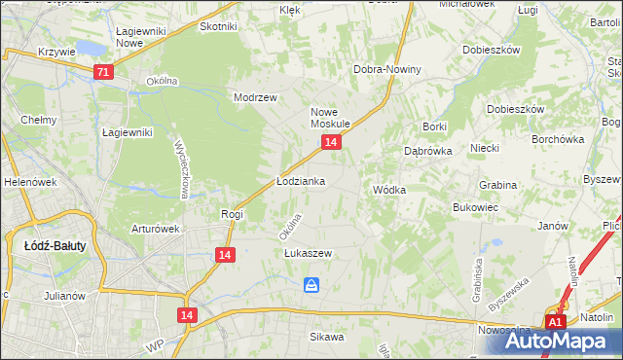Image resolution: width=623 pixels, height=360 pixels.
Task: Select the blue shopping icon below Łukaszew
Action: click(311, 284)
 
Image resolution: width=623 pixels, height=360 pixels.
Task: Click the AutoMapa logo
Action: click(564, 341)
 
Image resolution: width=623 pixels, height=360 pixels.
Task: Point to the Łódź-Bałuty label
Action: click(55, 246)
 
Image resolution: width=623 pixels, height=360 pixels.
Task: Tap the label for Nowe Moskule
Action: click(330, 118)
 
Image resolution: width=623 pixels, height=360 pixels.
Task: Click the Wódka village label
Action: click(389, 190)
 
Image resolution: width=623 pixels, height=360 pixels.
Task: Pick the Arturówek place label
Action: click(156, 230)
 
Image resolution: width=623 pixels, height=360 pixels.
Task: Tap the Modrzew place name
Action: click(256, 97)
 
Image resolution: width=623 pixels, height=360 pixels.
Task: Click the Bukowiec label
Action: click(476, 208)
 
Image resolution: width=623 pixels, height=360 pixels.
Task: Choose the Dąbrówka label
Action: click(425, 151)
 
